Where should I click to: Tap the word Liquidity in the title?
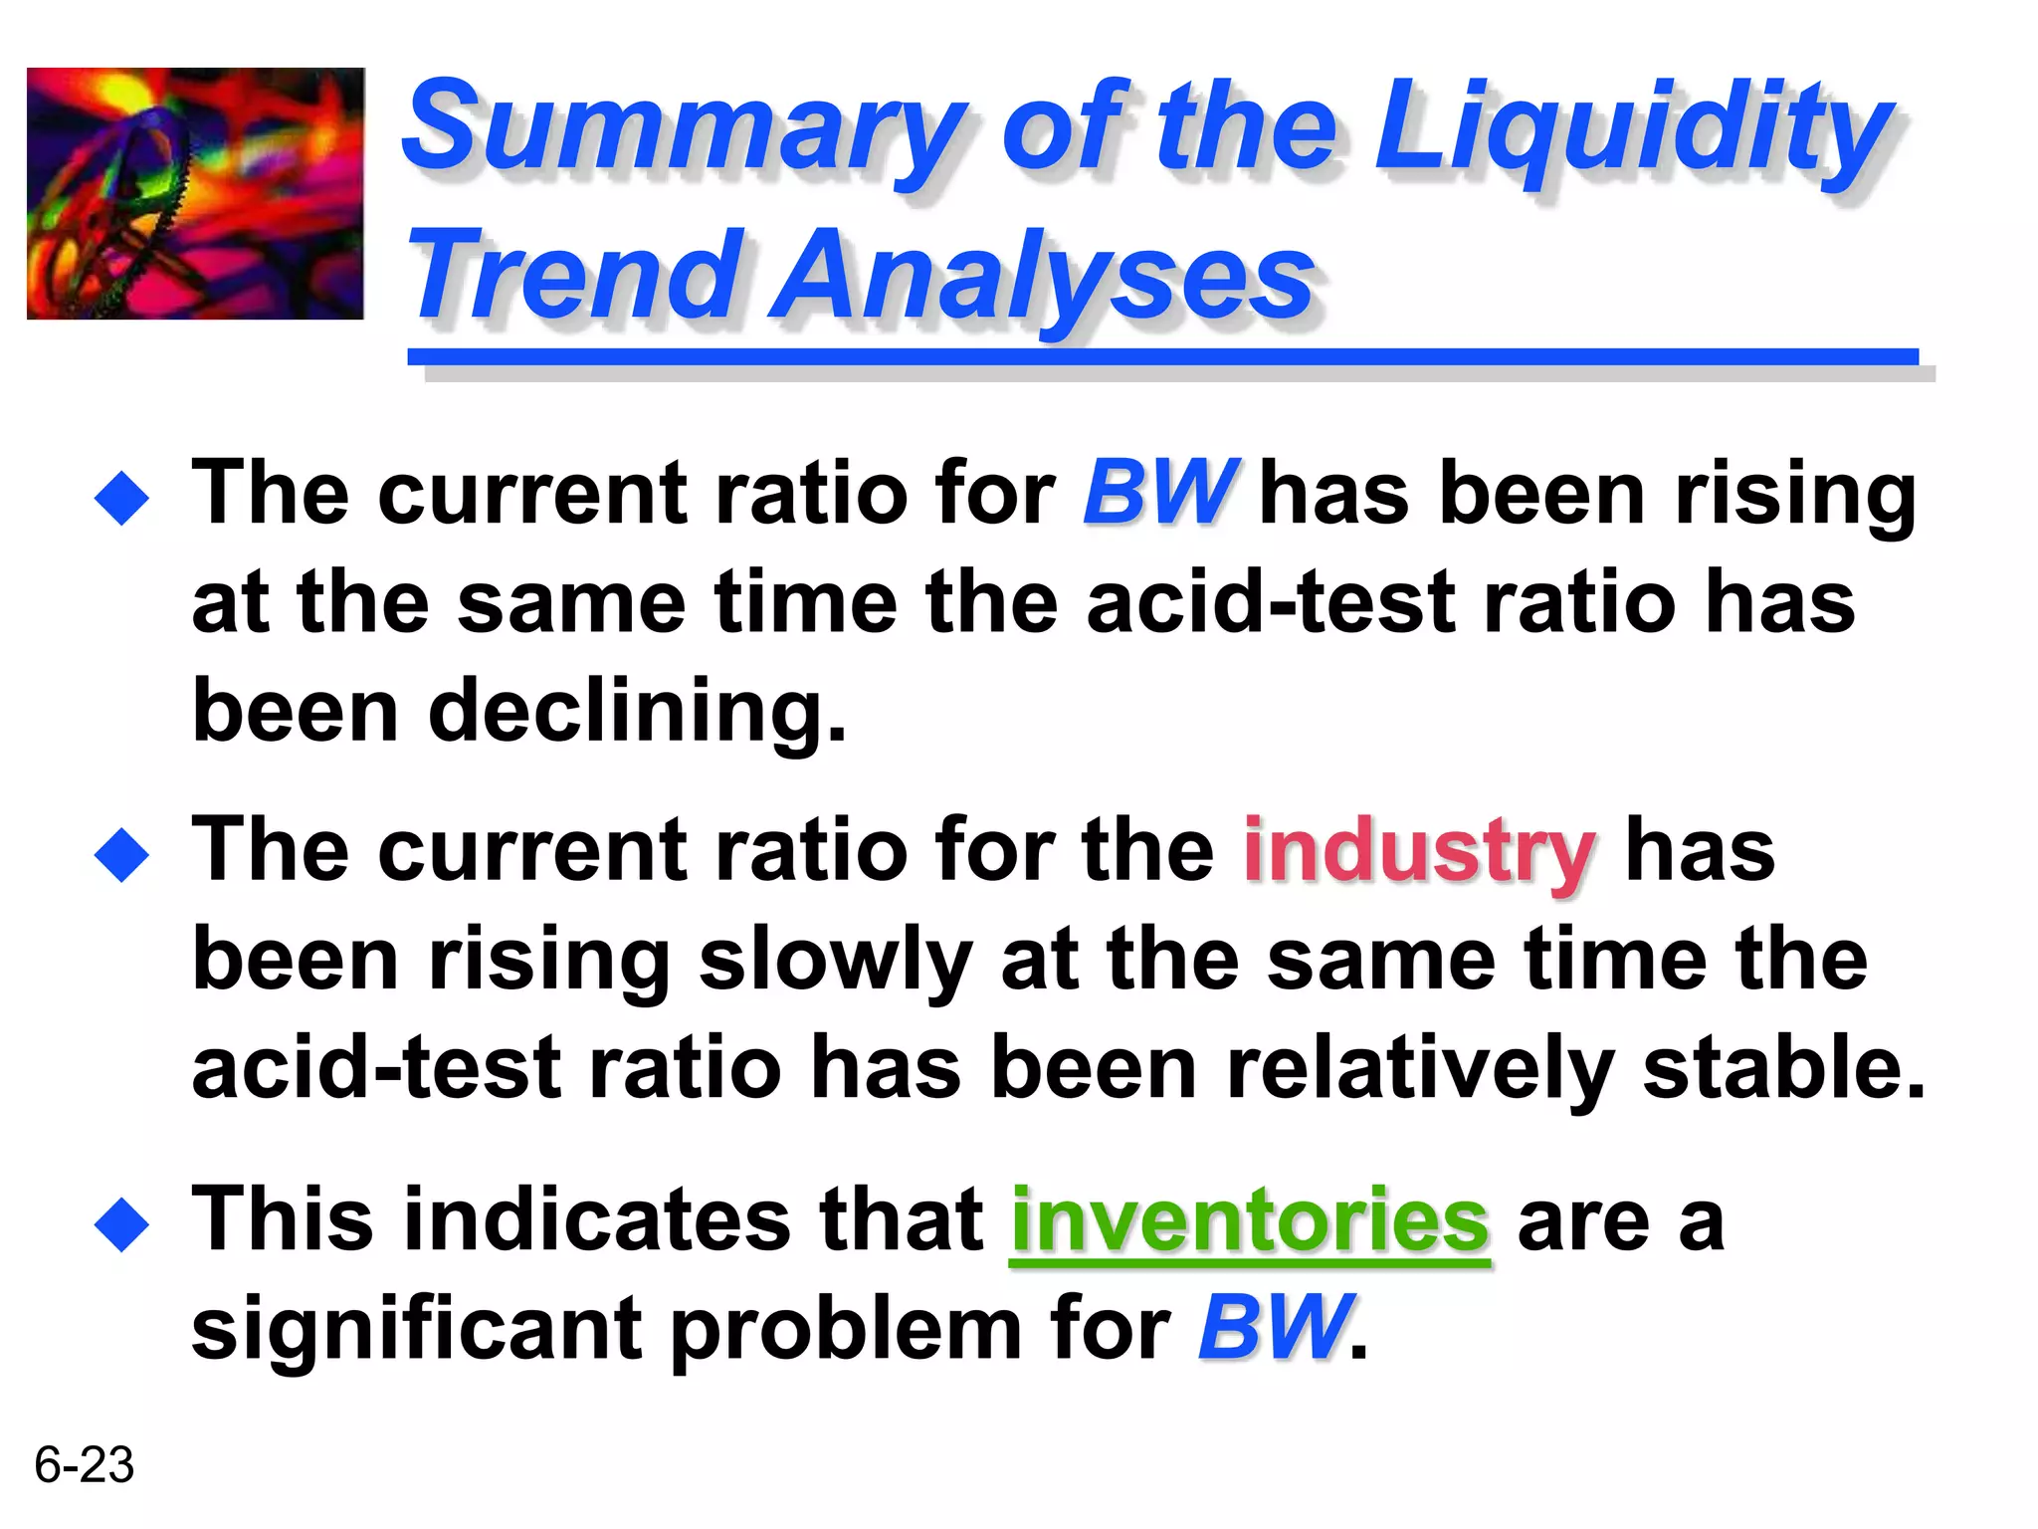[x=1632, y=129]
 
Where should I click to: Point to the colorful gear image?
[x=195, y=193]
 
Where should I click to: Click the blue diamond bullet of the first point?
[x=121, y=498]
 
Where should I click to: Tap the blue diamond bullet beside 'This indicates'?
[x=121, y=1224]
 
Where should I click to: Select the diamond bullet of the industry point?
[x=121, y=854]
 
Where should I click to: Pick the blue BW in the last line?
[x=1275, y=1328]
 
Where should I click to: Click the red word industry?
[x=1419, y=852]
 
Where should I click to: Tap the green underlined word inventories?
[x=1250, y=1222]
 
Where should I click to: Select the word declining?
[x=637, y=713]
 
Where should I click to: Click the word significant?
[x=418, y=1330]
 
